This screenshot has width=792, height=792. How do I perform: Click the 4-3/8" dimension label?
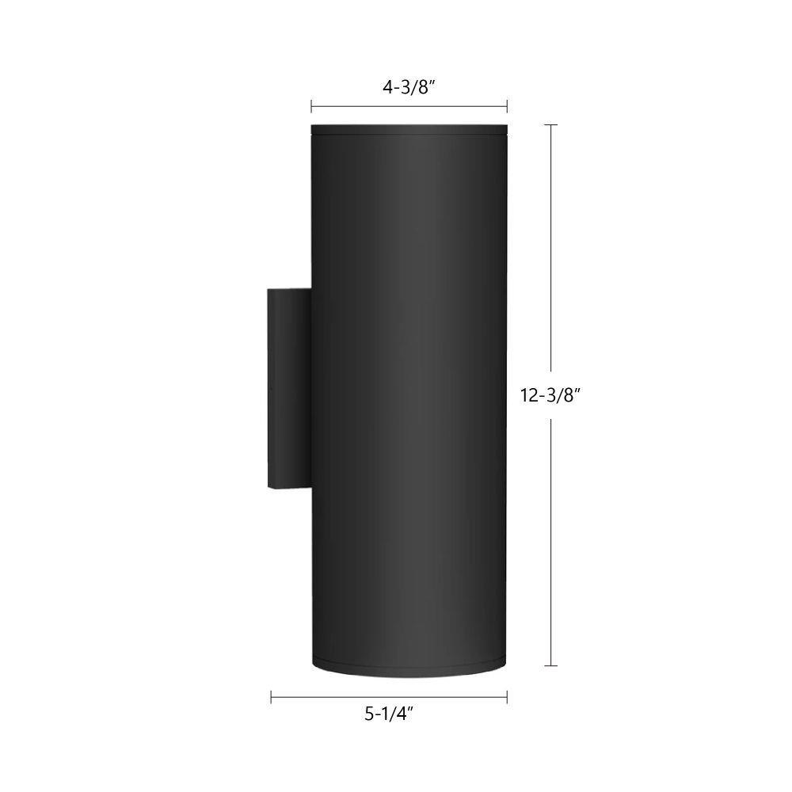pyautogui.click(x=409, y=87)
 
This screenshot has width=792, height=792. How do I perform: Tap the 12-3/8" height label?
pyautogui.click(x=549, y=395)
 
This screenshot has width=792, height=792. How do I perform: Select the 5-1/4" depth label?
pyautogui.click(x=389, y=714)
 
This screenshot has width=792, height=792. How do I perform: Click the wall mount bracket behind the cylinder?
pyautogui.click(x=289, y=389)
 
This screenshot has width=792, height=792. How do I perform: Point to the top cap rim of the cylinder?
pyautogui.click(x=409, y=129)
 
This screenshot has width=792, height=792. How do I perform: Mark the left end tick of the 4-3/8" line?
pyautogui.click(x=311, y=107)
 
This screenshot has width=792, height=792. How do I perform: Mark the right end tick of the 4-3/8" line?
pyautogui.click(x=507, y=107)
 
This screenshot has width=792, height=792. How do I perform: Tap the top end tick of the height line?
pyautogui.click(x=550, y=124)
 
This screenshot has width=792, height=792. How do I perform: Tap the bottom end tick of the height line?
pyautogui.click(x=550, y=666)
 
